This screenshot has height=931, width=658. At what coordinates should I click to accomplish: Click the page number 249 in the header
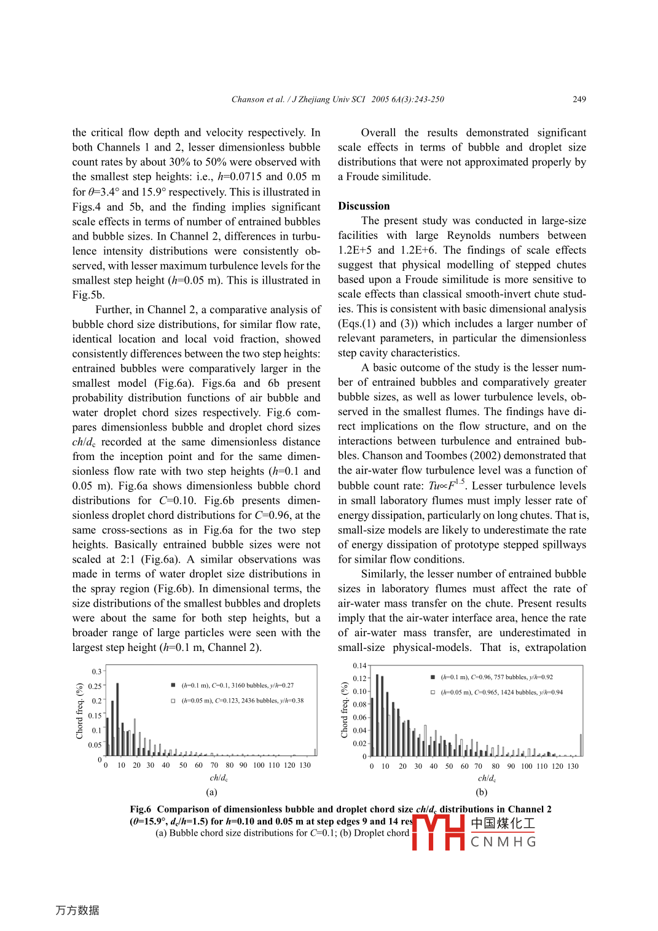click(579, 99)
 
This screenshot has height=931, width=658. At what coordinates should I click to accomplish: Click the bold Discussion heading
click(364, 206)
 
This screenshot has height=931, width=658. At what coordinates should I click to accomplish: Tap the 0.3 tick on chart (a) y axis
click(96, 672)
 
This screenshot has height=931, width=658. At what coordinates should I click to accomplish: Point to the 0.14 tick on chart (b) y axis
click(359, 666)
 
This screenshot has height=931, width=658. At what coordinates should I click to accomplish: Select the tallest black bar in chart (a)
click(117, 719)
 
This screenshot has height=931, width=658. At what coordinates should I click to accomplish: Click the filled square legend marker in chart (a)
click(173, 685)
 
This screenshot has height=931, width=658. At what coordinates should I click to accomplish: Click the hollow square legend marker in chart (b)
click(433, 692)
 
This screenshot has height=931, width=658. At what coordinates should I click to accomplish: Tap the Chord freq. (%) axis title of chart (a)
click(79, 711)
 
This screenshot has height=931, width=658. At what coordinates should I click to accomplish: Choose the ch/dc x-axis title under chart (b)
click(487, 779)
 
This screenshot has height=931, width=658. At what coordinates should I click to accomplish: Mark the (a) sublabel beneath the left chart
click(211, 792)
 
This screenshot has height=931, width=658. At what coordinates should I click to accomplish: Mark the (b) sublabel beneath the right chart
click(481, 792)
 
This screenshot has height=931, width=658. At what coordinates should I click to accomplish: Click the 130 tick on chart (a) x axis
click(305, 765)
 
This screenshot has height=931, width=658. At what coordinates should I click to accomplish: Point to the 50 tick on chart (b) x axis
click(449, 766)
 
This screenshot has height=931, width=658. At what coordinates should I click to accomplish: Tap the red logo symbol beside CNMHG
click(438, 832)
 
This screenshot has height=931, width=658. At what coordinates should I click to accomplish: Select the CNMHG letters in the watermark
click(503, 842)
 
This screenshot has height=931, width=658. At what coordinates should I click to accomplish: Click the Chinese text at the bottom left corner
click(77, 910)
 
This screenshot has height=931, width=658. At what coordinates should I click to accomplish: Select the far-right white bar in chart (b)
click(581, 745)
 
